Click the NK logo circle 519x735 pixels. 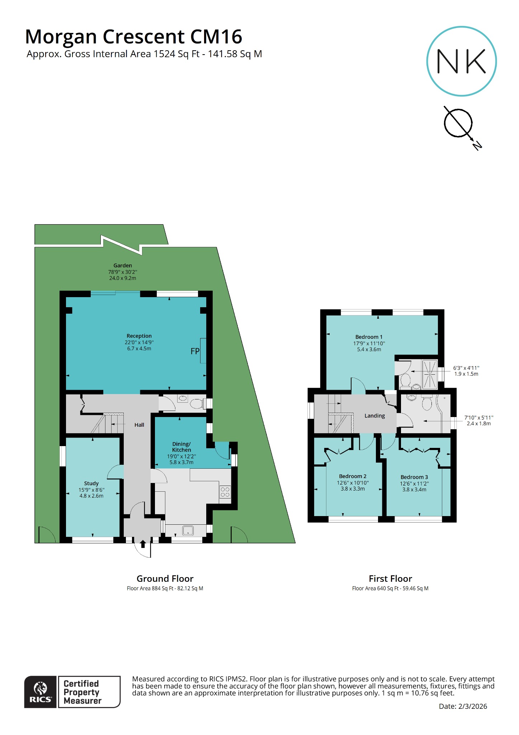tap(461, 61)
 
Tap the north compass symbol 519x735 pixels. tap(458, 123)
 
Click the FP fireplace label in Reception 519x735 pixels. tap(195, 351)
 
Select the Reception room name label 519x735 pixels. tap(139, 336)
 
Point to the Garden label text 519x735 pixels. tap(123, 266)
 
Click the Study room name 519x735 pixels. tap(91, 483)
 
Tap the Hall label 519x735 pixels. tap(139, 425)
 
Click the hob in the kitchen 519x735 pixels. tap(225, 492)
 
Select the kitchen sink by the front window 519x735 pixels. tap(188, 530)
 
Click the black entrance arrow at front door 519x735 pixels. tap(143, 544)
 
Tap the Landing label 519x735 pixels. tap(374, 416)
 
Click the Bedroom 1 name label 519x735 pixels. tap(369, 337)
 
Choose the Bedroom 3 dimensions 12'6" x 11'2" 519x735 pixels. tap(414, 483)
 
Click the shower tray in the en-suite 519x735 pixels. tap(430, 374)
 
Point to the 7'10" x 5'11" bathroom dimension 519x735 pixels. tap(478, 417)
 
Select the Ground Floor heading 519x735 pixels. tap(165, 579)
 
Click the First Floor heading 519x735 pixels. tap(390, 579)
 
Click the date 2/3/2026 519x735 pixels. tap(472, 706)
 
